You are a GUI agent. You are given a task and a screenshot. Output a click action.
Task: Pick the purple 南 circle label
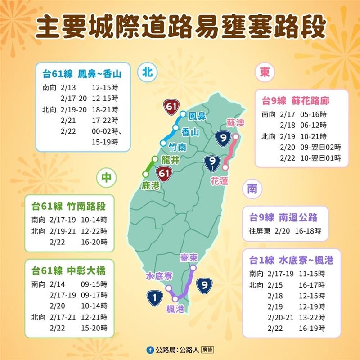(x=251, y=189)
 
